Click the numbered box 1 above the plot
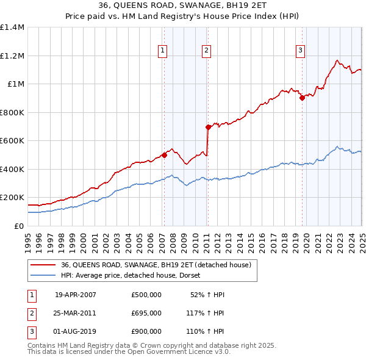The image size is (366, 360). coord(163,51)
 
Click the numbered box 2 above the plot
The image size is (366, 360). coord(207,51)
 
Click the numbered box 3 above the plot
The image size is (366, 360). coord(301,51)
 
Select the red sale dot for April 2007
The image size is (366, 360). coord(164,155)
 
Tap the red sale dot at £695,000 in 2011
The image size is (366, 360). coord(208,127)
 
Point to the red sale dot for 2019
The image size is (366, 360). coord(302,98)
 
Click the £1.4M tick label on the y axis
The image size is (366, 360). coord(12,27)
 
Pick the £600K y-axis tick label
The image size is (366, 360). coord(12,141)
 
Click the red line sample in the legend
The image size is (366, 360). coord(43,265)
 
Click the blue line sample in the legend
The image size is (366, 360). coord(43,275)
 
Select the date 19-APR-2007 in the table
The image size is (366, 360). coord(76,295)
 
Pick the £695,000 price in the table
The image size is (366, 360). coord(146,313)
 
